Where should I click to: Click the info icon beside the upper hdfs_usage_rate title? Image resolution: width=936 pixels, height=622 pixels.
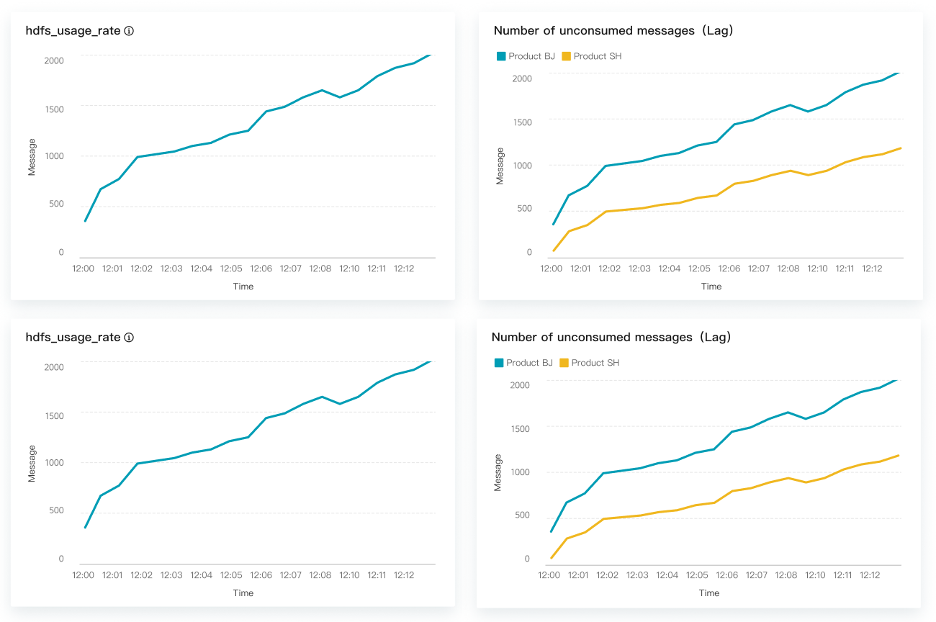click(x=129, y=31)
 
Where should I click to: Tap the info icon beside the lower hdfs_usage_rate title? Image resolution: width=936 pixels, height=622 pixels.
click(x=129, y=338)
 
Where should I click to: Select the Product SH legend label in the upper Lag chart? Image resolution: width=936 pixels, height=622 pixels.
click(x=597, y=56)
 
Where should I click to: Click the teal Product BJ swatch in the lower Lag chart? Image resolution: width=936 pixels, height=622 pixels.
click(x=499, y=363)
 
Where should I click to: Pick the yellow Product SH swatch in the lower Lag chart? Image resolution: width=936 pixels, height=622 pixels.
click(x=564, y=363)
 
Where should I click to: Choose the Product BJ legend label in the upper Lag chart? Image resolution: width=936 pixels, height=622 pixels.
click(x=531, y=56)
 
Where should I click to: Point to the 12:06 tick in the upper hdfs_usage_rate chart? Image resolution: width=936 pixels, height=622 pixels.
click(x=261, y=269)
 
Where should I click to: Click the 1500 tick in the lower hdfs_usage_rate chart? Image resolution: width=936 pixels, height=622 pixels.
click(x=54, y=415)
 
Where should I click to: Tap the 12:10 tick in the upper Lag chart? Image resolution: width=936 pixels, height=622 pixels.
click(x=817, y=269)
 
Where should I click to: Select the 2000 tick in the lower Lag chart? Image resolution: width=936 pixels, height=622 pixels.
click(x=519, y=385)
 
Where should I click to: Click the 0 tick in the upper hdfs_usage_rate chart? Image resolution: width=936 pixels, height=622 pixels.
click(x=61, y=253)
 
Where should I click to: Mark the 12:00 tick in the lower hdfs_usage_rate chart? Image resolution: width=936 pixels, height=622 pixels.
click(x=84, y=575)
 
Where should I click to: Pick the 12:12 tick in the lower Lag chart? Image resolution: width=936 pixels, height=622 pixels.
click(x=870, y=575)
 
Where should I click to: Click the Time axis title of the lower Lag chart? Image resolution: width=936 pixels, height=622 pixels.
click(x=709, y=593)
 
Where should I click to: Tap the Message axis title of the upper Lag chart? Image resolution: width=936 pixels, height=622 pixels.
click(x=500, y=166)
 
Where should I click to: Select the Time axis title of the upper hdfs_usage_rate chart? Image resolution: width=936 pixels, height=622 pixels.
click(x=243, y=287)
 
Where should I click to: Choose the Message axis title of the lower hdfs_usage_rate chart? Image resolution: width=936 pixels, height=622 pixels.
click(x=32, y=464)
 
